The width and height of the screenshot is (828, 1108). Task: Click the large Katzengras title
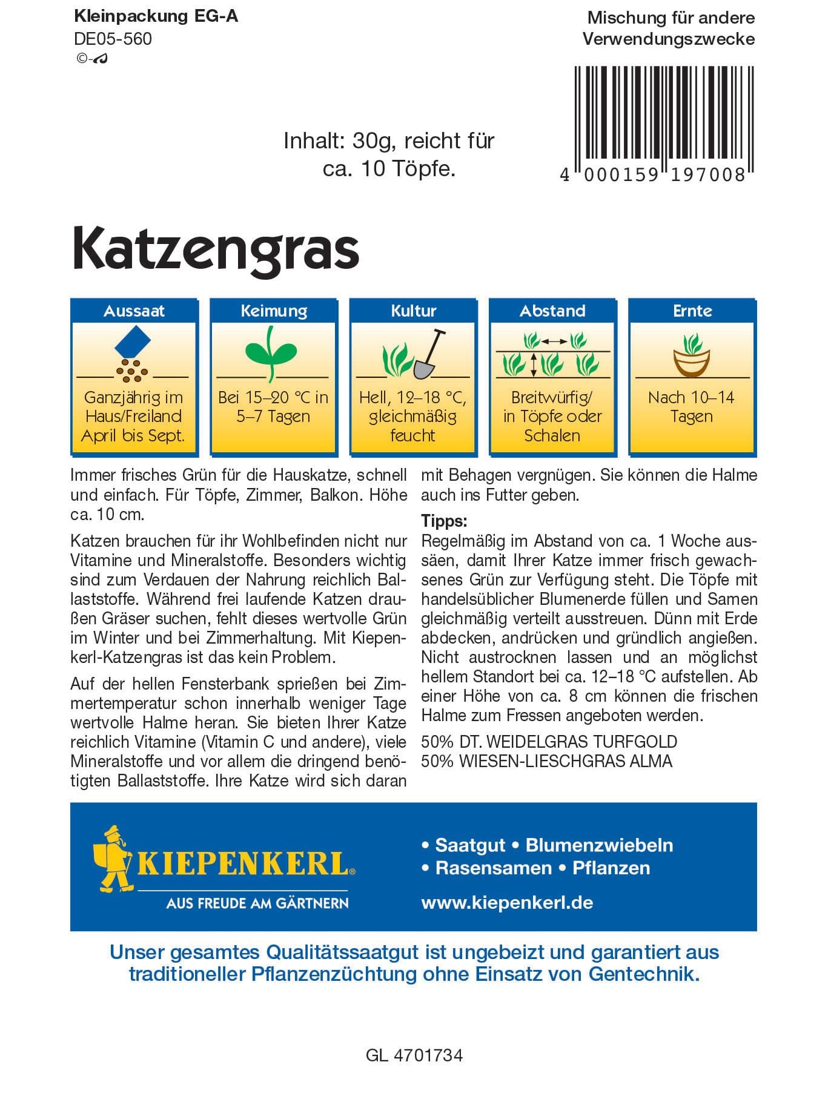(x=216, y=249)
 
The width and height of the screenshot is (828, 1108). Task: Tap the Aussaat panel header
(x=134, y=311)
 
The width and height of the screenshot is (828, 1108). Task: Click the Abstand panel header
(x=552, y=311)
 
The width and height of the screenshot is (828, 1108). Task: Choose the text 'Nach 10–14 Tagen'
(x=691, y=407)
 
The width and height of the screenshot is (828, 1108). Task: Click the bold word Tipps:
(x=444, y=521)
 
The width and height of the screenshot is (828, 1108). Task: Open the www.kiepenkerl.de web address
(x=506, y=903)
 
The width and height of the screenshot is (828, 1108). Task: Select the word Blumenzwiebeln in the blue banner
(x=599, y=845)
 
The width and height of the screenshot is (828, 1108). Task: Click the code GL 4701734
(x=414, y=1055)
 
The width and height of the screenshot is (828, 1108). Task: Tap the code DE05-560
(x=113, y=39)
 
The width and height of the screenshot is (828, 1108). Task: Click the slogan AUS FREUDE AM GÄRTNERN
(x=257, y=903)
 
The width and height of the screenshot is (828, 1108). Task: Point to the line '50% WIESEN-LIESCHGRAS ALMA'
(x=546, y=761)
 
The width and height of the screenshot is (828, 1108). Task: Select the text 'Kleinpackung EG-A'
(x=156, y=16)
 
